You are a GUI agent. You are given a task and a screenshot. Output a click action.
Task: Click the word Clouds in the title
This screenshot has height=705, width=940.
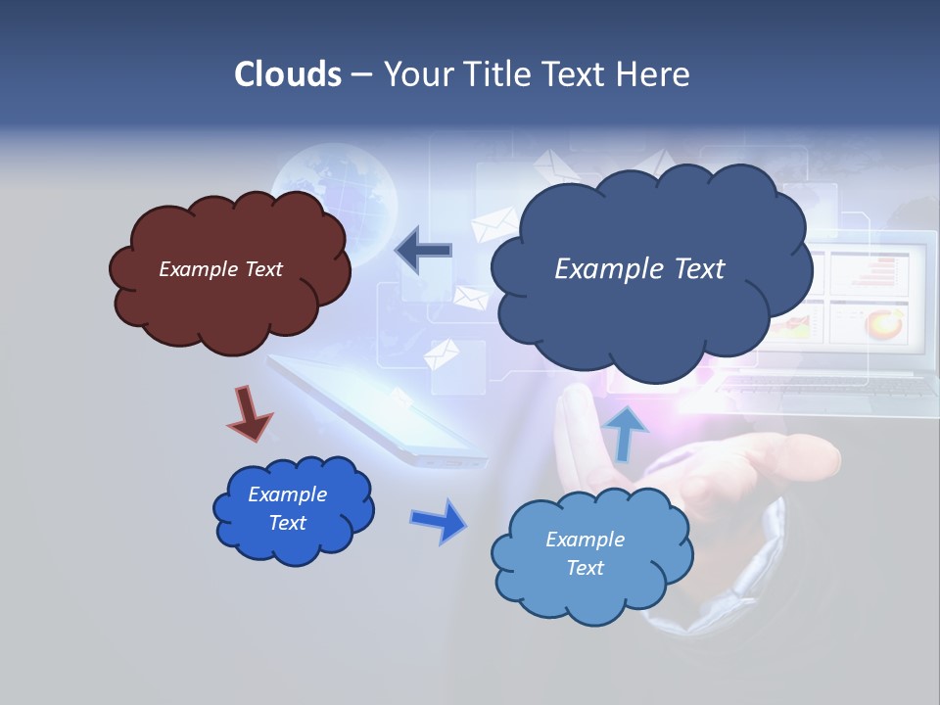click(288, 74)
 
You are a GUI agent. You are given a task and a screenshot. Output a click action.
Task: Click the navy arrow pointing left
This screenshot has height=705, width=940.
click(423, 251)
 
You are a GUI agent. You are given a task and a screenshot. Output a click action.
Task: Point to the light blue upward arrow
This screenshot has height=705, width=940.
click(626, 432)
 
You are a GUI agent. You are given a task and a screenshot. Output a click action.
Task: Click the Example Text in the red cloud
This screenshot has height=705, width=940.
click(220, 268)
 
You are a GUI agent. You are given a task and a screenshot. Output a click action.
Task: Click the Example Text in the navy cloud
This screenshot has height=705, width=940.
click(639, 268)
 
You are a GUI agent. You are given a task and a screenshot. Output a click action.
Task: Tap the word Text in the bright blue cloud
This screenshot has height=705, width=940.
click(287, 523)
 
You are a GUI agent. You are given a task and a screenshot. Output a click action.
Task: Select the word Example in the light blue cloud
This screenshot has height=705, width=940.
click(585, 540)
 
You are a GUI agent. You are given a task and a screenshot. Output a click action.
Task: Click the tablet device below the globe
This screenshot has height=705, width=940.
click(382, 411)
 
